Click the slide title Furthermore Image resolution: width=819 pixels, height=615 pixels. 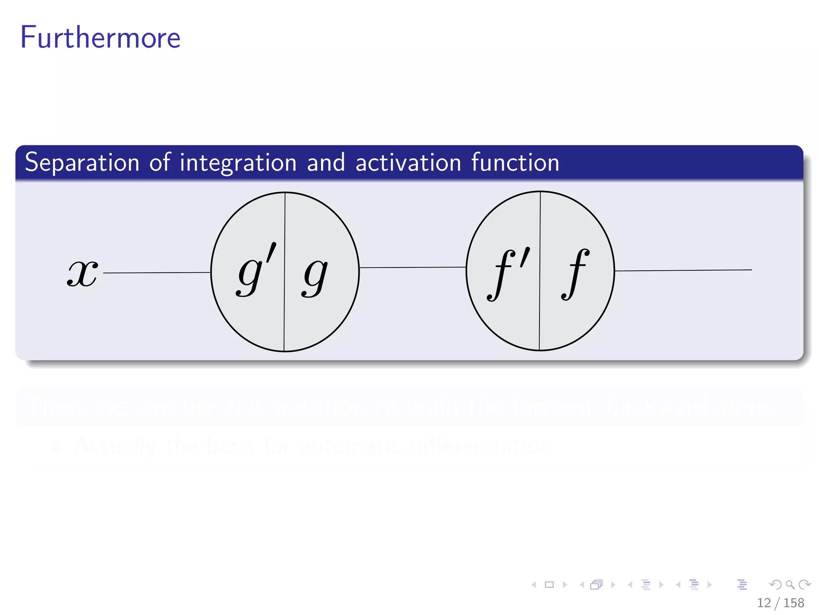100,38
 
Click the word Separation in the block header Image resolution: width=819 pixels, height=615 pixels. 82,163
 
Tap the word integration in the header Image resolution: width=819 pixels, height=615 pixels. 238,163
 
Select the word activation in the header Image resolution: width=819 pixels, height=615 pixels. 408,163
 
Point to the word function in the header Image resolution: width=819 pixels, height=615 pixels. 515,163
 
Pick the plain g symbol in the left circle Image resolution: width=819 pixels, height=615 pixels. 315,276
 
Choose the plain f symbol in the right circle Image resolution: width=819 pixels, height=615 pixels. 575,274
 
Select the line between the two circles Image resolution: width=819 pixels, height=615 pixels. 412,267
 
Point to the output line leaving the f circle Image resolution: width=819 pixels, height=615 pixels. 683,270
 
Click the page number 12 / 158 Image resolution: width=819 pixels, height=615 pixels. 780,603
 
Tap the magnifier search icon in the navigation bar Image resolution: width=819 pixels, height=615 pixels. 790,585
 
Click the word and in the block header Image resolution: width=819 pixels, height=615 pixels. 326,163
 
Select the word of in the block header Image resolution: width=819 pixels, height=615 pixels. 160,163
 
